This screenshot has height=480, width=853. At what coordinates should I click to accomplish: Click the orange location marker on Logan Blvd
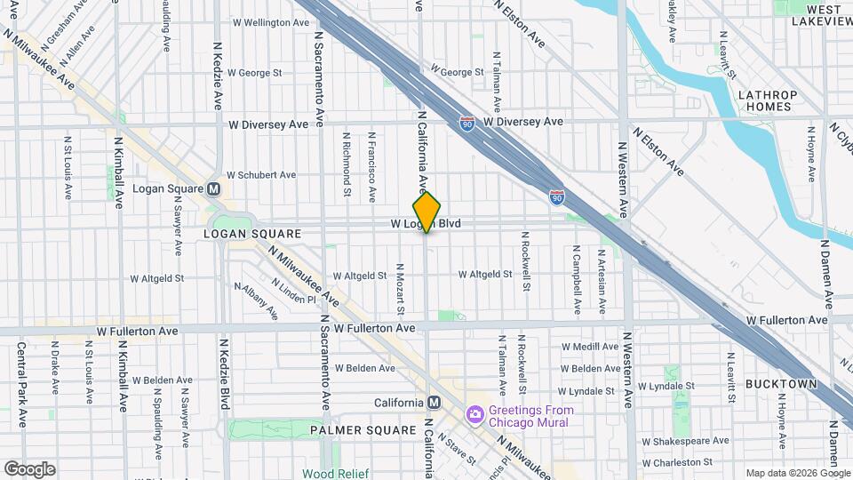pyautogui.click(x=427, y=212)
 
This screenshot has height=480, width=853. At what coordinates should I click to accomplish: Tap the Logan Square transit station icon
pyautogui.click(x=213, y=189)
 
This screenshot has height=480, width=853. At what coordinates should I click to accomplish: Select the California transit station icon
pyautogui.click(x=434, y=403)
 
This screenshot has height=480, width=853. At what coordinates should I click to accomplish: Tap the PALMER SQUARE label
pyautogui.click(x=363, y=430)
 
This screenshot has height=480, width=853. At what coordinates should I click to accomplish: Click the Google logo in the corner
pyautogui.click(x=29, y=468)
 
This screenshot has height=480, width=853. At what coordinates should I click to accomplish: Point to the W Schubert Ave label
pyautogui.click(x=261, y=175)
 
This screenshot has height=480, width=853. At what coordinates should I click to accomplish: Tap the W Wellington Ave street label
pyautogui.click(x=267, y=21)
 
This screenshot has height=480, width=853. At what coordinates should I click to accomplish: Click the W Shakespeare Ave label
pyautogui.click(x=690, y=441)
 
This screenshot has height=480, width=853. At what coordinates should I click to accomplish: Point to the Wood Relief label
pyautogui.click(x=331, y=474)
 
